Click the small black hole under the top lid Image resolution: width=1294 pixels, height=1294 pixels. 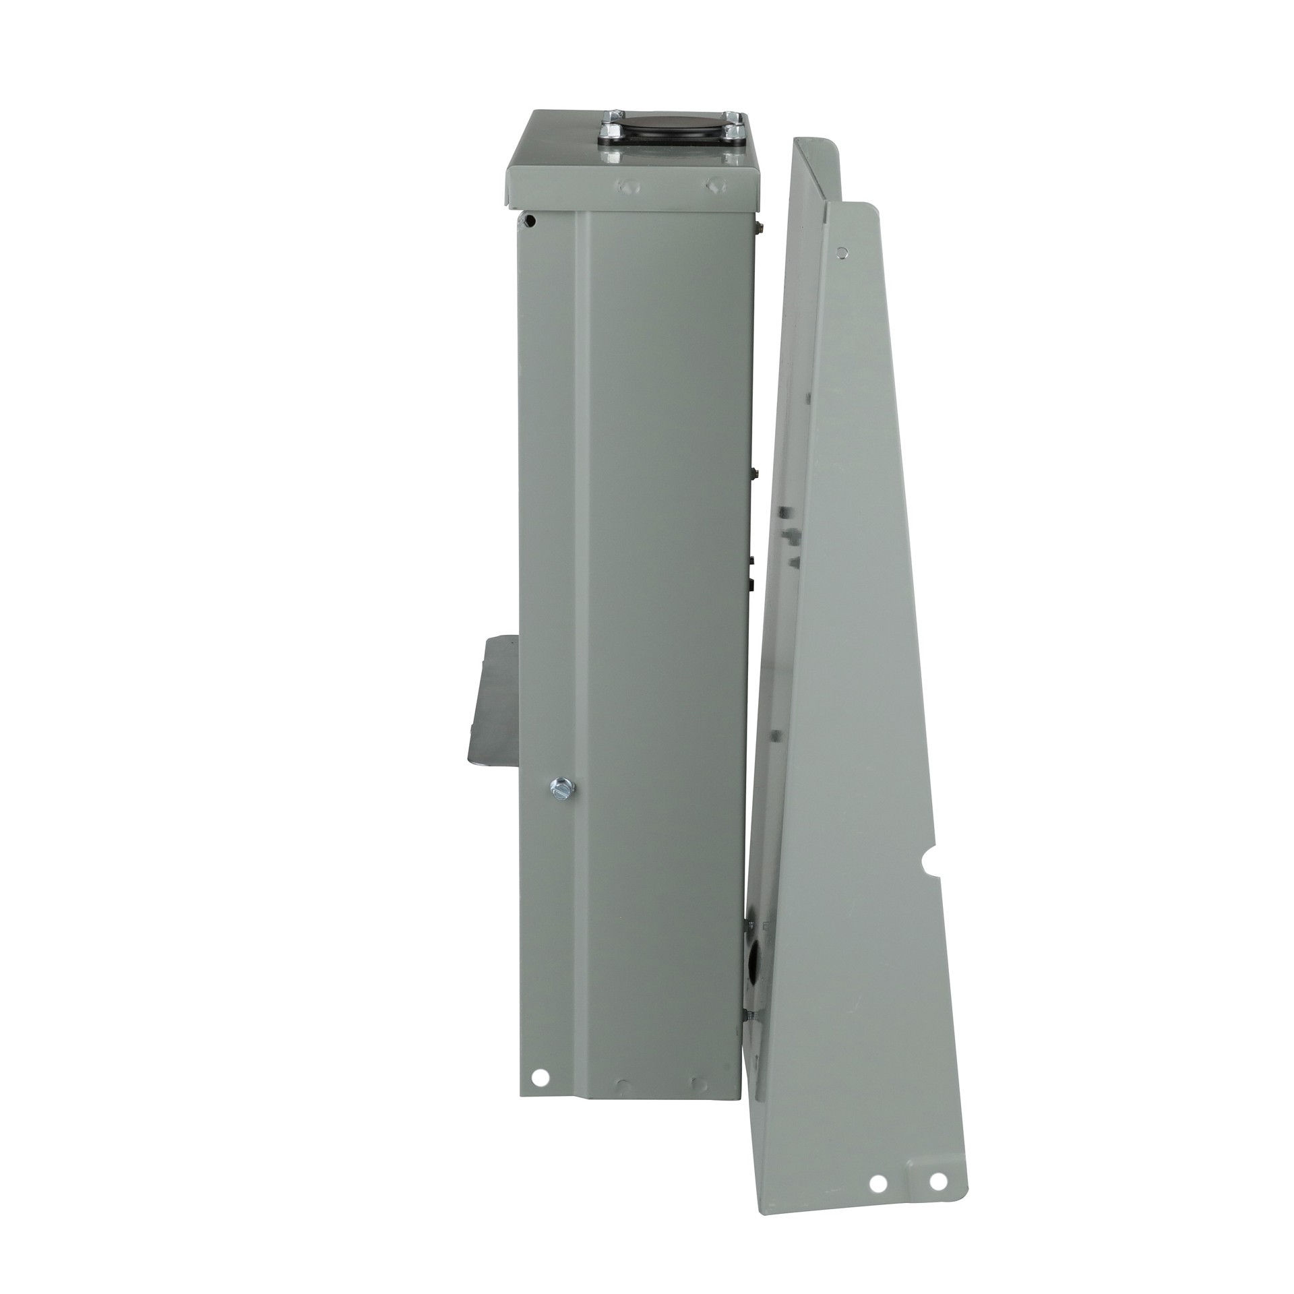pyautogui.click(x=531, y=220)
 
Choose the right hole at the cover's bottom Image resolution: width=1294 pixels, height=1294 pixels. pyautogui.click(x=936, y=1143)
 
